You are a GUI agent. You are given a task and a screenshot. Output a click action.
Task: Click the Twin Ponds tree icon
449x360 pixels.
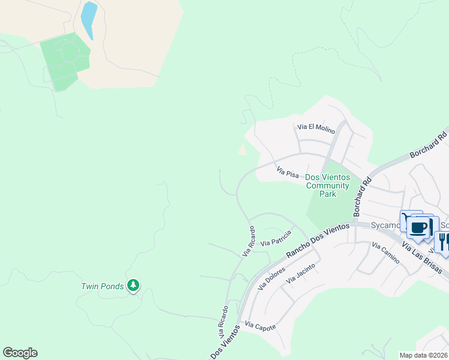(x=133, y=286)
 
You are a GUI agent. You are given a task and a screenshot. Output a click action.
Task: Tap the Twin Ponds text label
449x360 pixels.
(x=103, y=286)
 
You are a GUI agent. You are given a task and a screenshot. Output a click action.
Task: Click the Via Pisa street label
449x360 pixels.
(x=288, y=173)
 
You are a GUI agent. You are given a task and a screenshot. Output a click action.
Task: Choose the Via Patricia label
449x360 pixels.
(x=276, y=238)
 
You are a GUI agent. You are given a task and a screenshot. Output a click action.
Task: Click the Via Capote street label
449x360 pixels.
(x=260, y=326)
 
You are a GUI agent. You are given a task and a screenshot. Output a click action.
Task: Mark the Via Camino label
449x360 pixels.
(x=385, y=254)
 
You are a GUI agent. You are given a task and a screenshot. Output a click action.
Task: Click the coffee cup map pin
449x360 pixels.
(x=419, y=227)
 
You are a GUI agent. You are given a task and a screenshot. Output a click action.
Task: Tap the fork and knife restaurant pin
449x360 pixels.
(x=444, y=242)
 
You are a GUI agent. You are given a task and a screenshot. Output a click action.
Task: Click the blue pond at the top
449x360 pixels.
(x=89, y=20)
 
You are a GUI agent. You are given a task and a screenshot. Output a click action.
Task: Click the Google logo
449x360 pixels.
(x=20, y=353)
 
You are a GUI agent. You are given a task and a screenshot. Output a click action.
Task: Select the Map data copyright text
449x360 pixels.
(x=423, y=355)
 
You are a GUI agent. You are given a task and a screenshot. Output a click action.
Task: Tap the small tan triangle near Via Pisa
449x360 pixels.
(x=242, y=149)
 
